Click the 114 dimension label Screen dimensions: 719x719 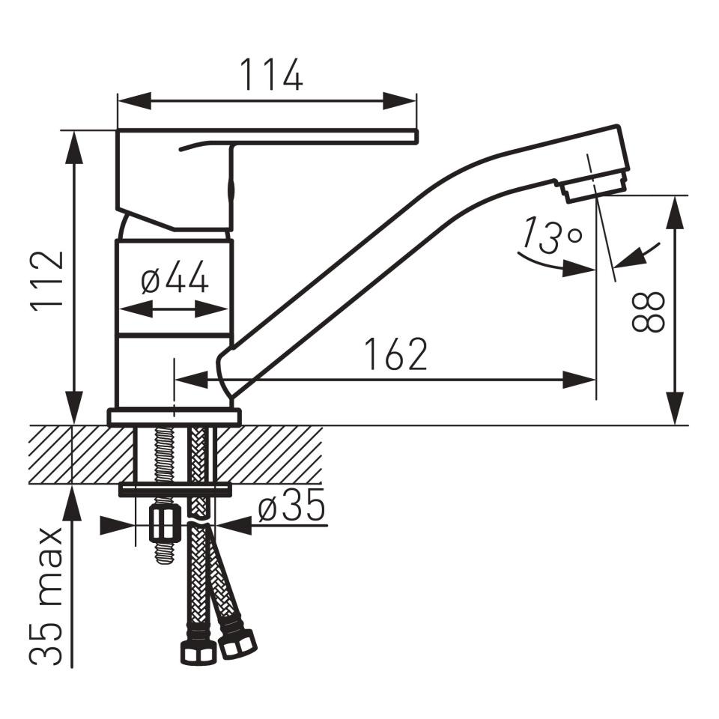(271, 75)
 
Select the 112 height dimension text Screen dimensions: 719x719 (46, 281)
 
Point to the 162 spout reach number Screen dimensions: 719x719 (396, 354)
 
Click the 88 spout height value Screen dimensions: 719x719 (648, 312)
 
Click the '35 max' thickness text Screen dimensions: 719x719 (46, 595)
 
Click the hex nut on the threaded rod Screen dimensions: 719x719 (163, 524)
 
